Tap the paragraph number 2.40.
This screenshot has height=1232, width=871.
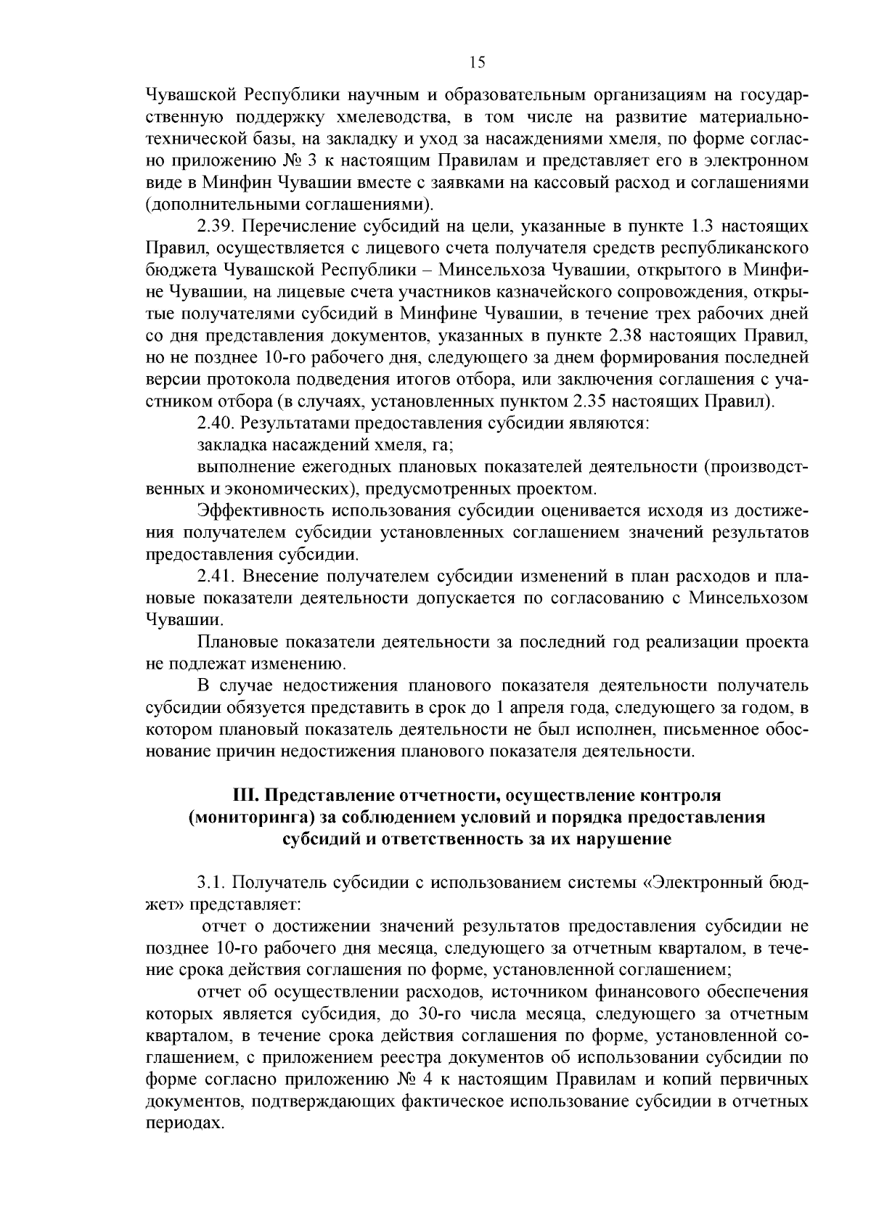(x=216, y=423)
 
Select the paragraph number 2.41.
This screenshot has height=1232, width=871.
(x=216, y=576)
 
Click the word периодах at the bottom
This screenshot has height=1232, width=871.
(x=181, y=1122)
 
